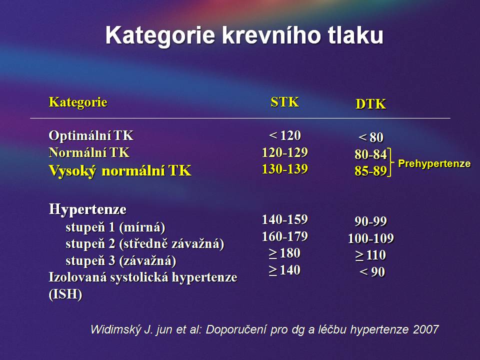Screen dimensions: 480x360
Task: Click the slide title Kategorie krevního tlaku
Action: click(x=244, y=35)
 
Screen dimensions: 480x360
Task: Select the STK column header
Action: click(x=284, y=102)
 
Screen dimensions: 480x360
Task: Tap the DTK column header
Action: click(x=370, y=104)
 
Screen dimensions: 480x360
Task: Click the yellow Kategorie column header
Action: click(x=78, y=102)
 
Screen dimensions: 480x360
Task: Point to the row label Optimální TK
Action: click(x=91, y=135)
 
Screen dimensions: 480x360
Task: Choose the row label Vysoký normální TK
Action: click(x=120, y=170)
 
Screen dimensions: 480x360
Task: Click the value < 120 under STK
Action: click(x=284, y=135)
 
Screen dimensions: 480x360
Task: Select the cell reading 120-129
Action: click(x=284, y=152)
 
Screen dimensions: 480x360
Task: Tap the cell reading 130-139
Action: click(x=284, y=169)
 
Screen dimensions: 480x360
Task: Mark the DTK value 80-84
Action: click(x=370, y=154)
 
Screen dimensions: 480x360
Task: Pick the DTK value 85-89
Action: click(x=370, y=171)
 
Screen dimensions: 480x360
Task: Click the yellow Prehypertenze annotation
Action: click(x=434, y=164)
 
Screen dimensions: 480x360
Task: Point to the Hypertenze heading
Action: click(x=87, y=209)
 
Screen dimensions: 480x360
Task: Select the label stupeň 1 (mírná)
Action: click(x=115, y=227)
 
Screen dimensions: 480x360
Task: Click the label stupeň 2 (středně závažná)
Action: click(x=145, y=244)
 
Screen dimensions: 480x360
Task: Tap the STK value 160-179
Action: click(x=284, y=236)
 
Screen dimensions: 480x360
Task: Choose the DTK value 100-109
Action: click(x=370, y=238)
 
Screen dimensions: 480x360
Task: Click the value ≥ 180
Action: click(x=284, y=253)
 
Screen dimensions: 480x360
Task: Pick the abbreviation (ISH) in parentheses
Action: click(x=65, y=294)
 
